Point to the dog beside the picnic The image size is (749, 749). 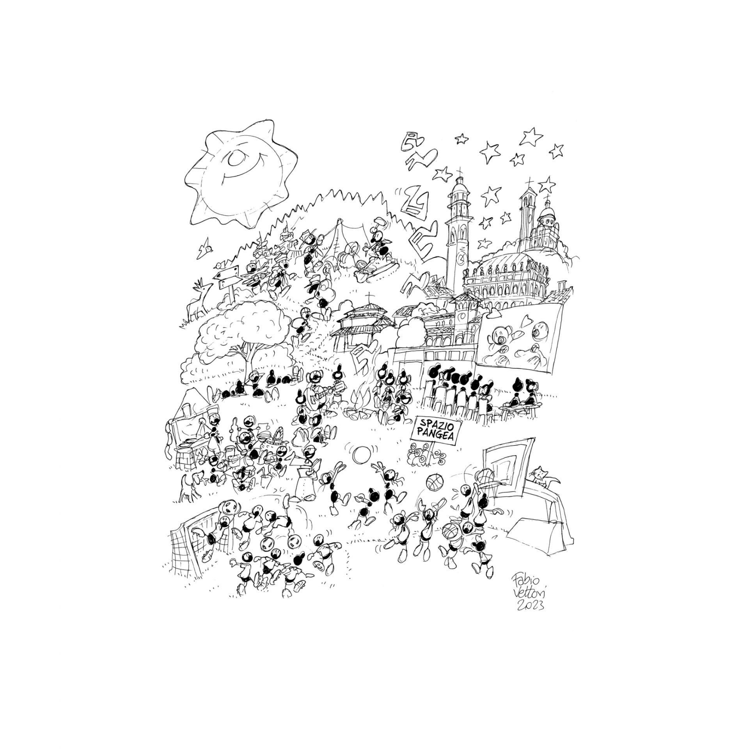191,485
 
